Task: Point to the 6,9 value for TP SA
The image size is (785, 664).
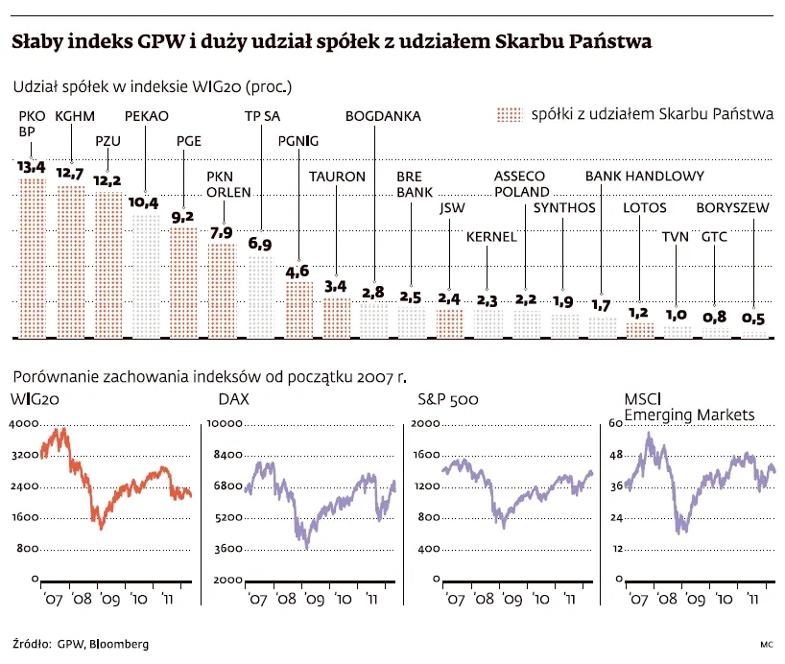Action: [260, 245]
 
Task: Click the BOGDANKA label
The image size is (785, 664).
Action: [382, 117]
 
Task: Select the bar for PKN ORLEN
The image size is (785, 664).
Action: [222, 290]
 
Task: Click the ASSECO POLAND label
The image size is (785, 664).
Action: [521, 183]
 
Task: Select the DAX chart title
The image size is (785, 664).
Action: [233, 399]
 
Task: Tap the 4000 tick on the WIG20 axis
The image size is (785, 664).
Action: [23, 423]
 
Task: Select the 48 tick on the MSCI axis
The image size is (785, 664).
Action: [616, 455]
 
